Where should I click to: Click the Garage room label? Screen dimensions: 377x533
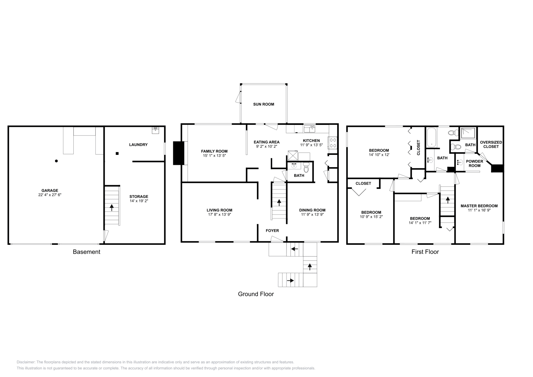[x=50, y=190]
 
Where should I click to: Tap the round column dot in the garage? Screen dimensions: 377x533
[x=56, y=161]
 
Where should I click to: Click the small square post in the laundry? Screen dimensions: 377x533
[x=117, y=154]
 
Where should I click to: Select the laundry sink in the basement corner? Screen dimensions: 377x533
[x=155, y=130]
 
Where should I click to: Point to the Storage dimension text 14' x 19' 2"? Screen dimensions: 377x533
[x=139, y=201]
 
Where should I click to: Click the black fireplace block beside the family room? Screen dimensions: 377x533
[x=179, y=153]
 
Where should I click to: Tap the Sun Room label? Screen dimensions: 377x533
[x=264, y=104]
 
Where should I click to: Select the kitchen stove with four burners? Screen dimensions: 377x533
[x=333, y=143]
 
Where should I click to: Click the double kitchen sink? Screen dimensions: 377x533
[x=309, y=129]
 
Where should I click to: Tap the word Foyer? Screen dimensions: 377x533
[x=272, y=230]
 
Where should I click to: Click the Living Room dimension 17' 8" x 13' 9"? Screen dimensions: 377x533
[x=219, y=215]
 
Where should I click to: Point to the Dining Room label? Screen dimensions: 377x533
[x=312, y=210]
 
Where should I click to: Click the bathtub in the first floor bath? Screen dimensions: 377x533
[x=431, y=137]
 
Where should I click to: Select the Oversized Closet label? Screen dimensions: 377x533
[x=491, y=144]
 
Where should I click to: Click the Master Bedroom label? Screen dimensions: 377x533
[x=479, y=206]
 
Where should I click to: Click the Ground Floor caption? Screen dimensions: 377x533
[x=256, y=294]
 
